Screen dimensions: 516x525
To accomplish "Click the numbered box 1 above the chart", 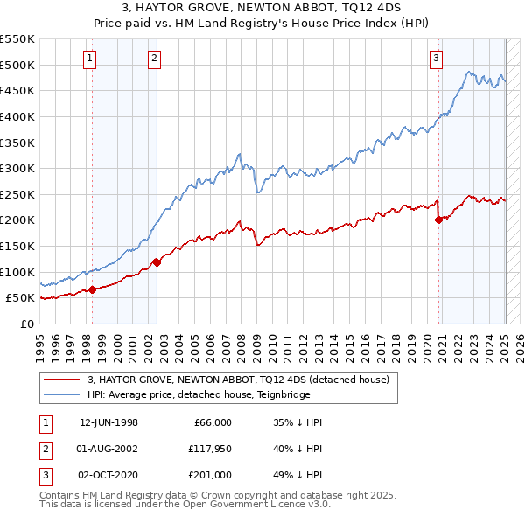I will (90, 59).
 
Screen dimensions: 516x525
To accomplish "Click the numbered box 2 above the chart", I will (154, 59).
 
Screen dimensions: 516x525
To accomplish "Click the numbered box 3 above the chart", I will (436, 59).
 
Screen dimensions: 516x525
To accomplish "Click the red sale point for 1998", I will (93, 290).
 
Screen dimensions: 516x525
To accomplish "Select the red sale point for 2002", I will (157, 261).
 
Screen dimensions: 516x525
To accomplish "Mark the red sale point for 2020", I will (438, 220).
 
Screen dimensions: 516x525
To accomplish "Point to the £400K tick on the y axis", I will (19, 116).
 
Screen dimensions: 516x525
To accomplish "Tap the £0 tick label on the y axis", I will (26, 324).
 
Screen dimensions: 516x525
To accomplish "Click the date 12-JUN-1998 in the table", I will (108, 422).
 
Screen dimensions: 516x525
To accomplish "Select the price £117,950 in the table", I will (207, 448).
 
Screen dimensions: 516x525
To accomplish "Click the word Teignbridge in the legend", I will (286, 394).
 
